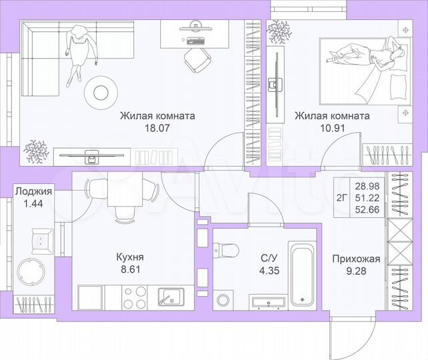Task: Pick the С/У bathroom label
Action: (269, 256)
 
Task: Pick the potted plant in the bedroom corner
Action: (279, 30)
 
